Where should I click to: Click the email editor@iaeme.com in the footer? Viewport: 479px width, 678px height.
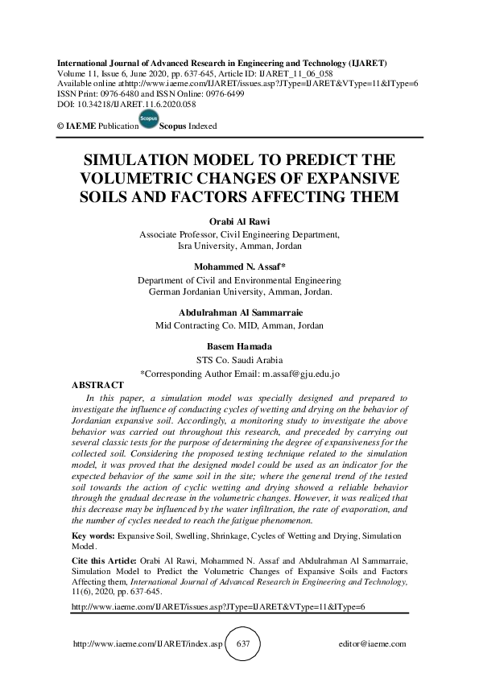click(374, 644)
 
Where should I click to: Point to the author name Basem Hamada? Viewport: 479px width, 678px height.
click(239, 347)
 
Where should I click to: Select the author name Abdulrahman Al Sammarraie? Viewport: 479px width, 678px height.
click(239, 313)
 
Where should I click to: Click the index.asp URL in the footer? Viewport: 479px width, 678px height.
click(146, 644)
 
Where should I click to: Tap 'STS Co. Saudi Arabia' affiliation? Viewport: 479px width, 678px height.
click(239, 360)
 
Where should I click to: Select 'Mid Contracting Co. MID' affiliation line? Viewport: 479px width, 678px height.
click(239, 326)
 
